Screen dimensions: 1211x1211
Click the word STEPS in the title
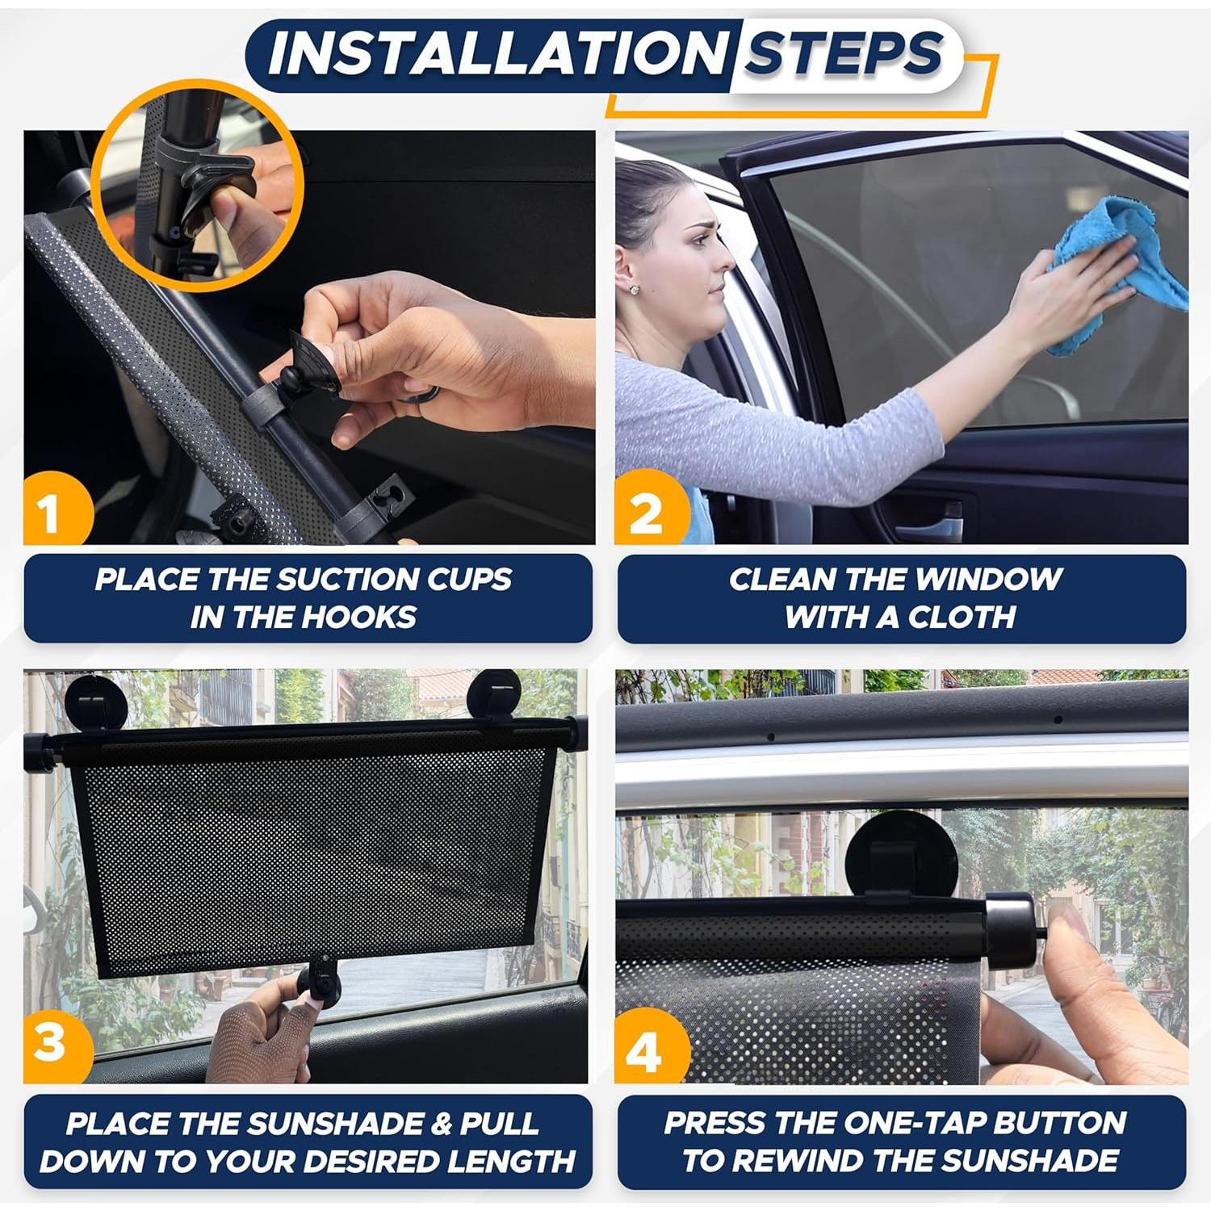[843, 53]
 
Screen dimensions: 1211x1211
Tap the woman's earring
[634, 288]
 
